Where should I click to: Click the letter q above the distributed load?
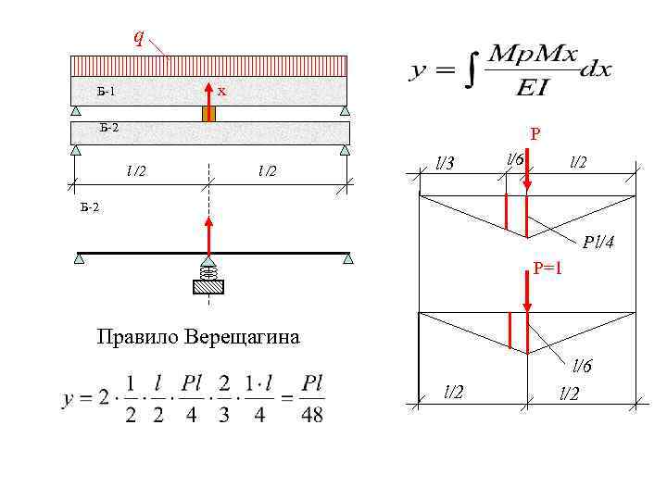pyautogui.click(x=138, y=37)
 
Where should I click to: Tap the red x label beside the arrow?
pyautogui.click(x=222, y=91)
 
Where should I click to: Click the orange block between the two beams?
pyautogui.click(x=208, y=114)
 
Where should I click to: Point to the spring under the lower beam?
pyautogui.click(x=208, y=270)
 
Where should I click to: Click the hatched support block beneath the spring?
pyautogui.click(x=208, y=286)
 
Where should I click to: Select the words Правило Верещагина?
pyautogui.click(x=198, y=335)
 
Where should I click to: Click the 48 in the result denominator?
pyautogui.click(x=312, y=413)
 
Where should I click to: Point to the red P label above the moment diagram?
pyautogui.click(x=535, y=135)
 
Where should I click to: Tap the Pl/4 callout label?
pyautogui.click(x=598, y=243)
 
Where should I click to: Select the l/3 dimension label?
pyautogui.click(x=445, y=164)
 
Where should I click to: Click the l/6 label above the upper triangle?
pyautogui.click(x=514, y=159)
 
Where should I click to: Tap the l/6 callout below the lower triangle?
pyautogui.click(x=582, y=366)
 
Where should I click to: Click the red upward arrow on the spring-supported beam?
pyautogui.click(x=208, y=233)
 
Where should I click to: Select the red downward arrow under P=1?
pyautogui.click(x=527, y=296)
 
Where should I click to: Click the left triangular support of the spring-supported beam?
pyautogui.click(x=80, y=259)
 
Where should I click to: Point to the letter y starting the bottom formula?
pyautogui.click(x=69, y=400)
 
